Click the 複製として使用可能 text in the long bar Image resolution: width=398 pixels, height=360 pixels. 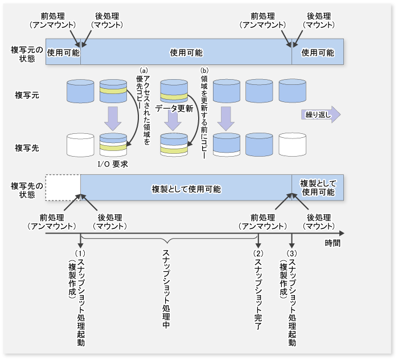click(186, 189)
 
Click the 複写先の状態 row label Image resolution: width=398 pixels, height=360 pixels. click(23, 190)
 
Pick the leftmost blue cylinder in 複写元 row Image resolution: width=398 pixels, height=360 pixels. click(80, 90)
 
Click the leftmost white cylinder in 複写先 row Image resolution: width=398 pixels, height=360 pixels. click(80, 145)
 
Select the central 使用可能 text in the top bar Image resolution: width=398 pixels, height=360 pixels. click(186, 52)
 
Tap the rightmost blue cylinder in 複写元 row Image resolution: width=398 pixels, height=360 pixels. click(292, 90)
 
